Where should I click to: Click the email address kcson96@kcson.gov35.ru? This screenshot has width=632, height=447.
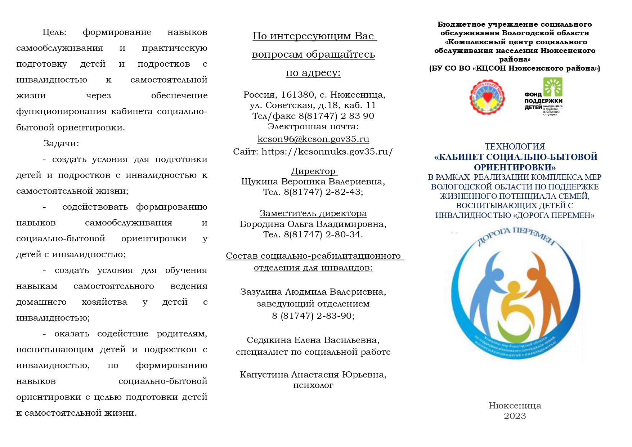[313, 139]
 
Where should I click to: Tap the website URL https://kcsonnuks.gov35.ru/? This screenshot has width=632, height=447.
[327, 152]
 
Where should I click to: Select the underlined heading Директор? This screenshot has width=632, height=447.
[313, 171]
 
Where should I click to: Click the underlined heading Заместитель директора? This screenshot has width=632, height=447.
[313, 213]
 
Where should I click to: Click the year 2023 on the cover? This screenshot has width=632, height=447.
[515, 416]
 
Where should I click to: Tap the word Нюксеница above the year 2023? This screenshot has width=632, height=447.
[515, 406]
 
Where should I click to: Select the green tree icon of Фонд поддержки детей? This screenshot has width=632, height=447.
[553, 88]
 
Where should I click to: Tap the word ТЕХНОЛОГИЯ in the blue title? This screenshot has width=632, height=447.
[515, 147]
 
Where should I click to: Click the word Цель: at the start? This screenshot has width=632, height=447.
[54, 32]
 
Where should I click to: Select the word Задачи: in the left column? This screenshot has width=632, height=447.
[61, 143]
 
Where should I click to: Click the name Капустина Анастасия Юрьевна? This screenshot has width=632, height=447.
[313, 375]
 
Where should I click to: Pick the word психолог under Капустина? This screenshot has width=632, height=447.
[313, 385]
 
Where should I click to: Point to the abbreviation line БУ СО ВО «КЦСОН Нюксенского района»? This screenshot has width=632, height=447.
[515, 68]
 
